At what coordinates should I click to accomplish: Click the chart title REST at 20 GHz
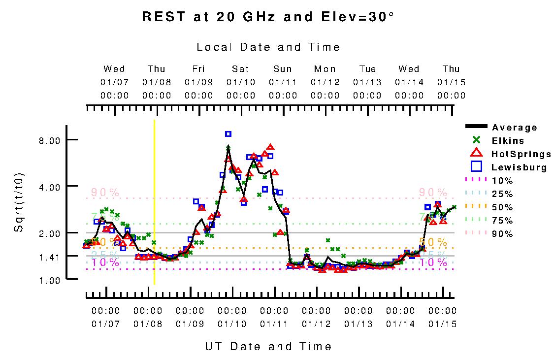click(x=268, y=17)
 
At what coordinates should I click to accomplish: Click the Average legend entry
click(x=514, y=128)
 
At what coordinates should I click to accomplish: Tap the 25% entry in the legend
click(x=502, y=194)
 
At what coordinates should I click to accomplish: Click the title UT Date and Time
click(x=268, y=346)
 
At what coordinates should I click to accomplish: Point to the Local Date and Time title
click(x=268, y=47)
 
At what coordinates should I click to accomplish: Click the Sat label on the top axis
click(x=241, y=69)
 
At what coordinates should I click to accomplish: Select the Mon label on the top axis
click(x=325, y=69)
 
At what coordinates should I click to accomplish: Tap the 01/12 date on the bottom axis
click(x=316, y=324)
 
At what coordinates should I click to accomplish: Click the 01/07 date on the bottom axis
click(x=106, y=324)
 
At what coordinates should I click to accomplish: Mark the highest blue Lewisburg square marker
click(x=228, y=134)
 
